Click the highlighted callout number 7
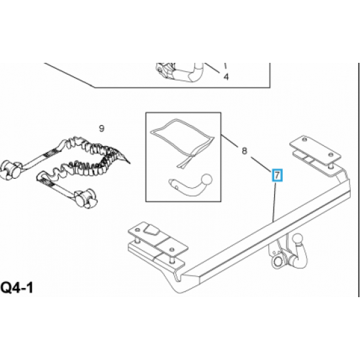[x=277, y=175]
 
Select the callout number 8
[x=244, y=151]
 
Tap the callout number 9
[x=101, y=128]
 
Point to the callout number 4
[x=226, y=77]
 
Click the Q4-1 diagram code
[x=17, y=287]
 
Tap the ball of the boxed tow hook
[x=207, y=179]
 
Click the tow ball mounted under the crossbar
[x=298, y=240]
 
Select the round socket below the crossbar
[x=278, y=262]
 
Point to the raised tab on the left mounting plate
[x=152, y=230]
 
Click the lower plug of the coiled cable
[x=85, y=198]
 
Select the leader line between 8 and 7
[x=261, y=164]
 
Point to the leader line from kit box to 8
[x=229, y=141]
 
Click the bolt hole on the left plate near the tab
[x=137, y=230]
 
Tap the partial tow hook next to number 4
[x=180, y=72]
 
